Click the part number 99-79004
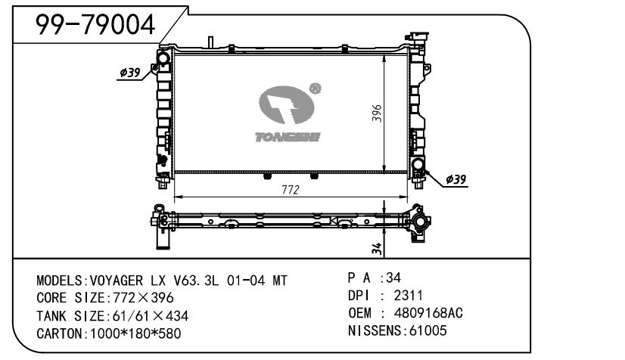(95, 25)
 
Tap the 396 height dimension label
(377, 113)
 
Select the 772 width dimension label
(291, 190)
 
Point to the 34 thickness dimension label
(377, 249)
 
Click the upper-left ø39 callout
(130, 73)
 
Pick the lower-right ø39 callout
(456, 179)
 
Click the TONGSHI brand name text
(288, 138)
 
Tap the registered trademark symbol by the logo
(315, 88)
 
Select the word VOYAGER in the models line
(116, 281)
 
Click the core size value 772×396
(143, 298)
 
